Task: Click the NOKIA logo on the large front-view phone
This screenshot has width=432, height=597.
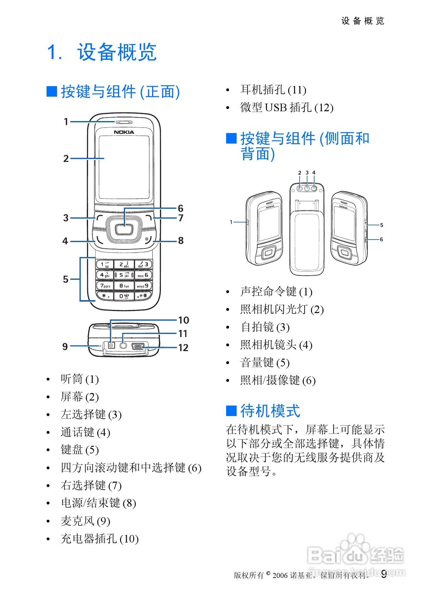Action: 124,132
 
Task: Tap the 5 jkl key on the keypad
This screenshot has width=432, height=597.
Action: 124,275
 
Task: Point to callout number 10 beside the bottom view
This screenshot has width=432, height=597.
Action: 183,320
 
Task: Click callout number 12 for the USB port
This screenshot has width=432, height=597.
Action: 183,348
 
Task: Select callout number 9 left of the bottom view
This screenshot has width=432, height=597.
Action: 65,346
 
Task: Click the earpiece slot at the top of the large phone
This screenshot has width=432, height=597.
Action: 124,122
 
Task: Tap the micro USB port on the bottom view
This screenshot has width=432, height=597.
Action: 138,346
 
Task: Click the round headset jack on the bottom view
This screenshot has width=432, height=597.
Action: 124,345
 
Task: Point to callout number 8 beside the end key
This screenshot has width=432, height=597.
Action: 181,241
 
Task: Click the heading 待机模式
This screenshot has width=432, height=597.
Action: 270,411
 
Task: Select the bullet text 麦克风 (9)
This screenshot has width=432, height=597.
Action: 85,521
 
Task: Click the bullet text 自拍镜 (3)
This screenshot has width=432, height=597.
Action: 265,327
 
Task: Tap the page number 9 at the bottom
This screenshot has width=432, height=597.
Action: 384,574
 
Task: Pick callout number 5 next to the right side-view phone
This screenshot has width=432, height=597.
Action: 382,225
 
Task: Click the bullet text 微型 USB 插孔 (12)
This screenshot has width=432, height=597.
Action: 287,108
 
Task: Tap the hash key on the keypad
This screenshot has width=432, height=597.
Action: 143,296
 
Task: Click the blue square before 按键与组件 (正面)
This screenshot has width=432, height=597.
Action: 52,92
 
